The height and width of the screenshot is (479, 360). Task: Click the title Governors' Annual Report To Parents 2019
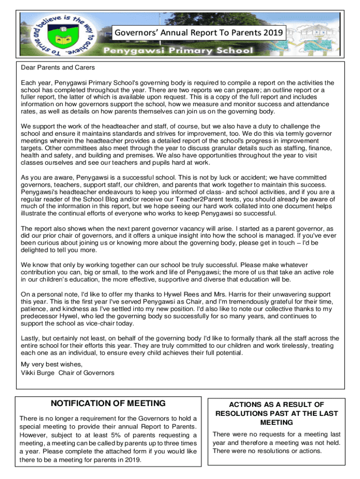199,33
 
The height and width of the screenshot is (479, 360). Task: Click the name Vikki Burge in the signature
37,373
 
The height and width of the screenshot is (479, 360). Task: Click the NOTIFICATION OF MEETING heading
108,403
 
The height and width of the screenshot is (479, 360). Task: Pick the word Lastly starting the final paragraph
31,338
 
